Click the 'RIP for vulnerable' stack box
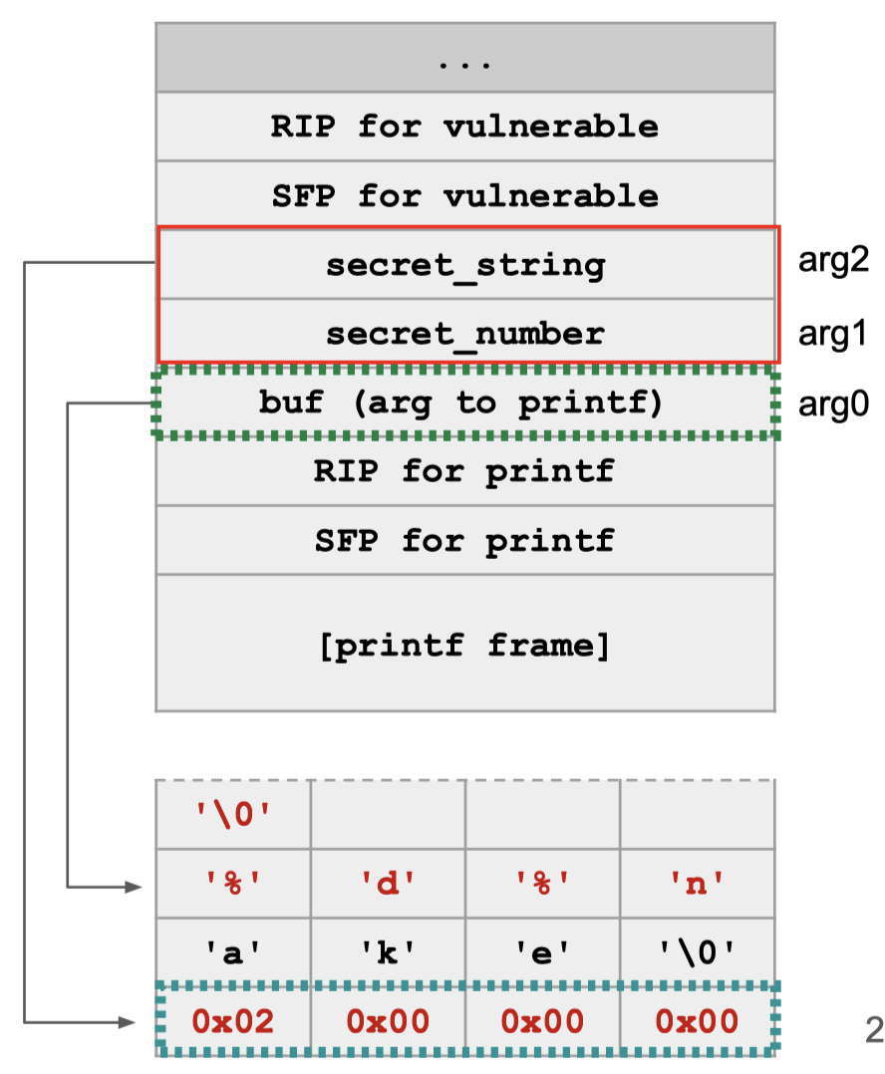point(464,127)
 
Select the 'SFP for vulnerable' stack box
point(464,195)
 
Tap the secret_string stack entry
point(464,265)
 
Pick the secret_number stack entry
point(464,333)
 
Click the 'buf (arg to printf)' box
point(464,404)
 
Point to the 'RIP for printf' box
point(464,471)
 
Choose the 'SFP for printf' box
point(464,541)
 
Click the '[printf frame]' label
point(464,645)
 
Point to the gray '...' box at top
point(464,59)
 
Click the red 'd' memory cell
point(388,884)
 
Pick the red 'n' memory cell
point(697,884)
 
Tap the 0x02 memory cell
point(233,1021)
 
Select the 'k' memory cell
point(388,952)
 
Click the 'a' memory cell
point(233,952)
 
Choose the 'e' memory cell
point(542,952)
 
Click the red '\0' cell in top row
point(233,815)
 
